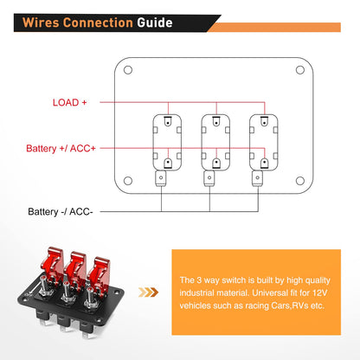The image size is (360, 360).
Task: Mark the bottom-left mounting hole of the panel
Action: click(x=129, y=181)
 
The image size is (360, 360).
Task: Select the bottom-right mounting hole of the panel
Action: click(x=299, y=181)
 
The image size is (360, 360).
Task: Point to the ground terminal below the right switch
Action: click(x=257, y=179)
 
